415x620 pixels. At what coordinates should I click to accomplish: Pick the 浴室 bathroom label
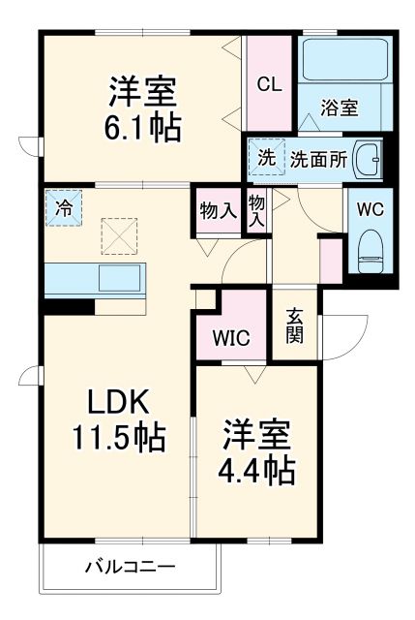point(341,108)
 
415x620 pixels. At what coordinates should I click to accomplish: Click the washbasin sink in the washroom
point(368,159)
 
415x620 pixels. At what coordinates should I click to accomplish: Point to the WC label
point(370,208)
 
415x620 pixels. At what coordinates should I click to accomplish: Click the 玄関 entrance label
point(295,325)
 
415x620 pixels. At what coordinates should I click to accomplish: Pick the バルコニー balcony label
point(129,566)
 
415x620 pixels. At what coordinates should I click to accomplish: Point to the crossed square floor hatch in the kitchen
point(121,235)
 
